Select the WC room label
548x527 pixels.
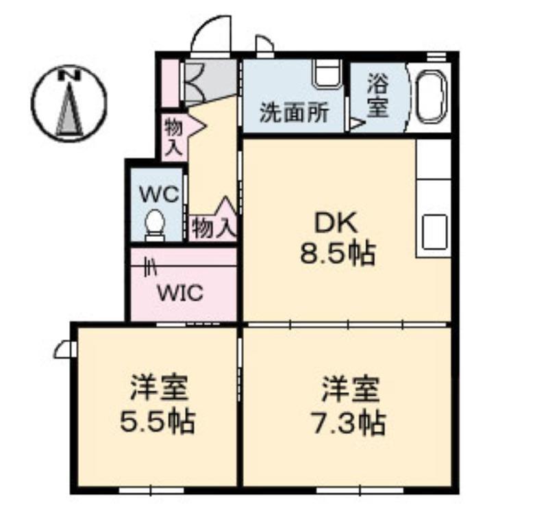pos(159,194)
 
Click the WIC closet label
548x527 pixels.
pos(180,293)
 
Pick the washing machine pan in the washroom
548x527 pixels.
pos(327,74)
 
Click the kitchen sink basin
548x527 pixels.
pos(435,232)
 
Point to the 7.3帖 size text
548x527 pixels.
pos(349,423)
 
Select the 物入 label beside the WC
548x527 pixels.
pos(213,229)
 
